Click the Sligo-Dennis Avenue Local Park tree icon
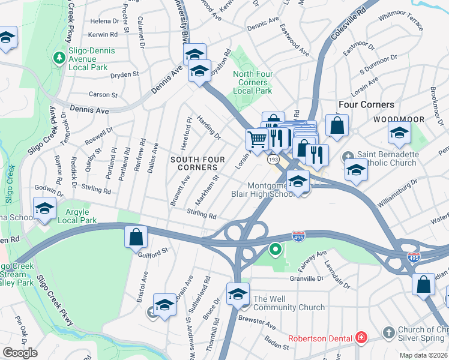click(59, 57)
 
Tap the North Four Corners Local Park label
click(252, 82)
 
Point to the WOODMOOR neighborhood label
click(399, 119)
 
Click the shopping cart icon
click(258, 139)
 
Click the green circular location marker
click(276, 248)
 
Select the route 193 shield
click(273, 160)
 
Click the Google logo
click(20, 353)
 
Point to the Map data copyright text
click(423, 355)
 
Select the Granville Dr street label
click(306, 278)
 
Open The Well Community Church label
click(289, 303)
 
